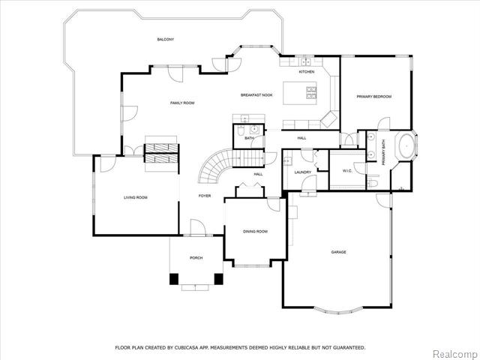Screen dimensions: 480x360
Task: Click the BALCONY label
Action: pyautogui.click(x=166, y=40)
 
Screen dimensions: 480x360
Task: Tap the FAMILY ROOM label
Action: pyautogui.click(x=182, y=103)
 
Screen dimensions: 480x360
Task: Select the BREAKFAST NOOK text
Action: pyautogui.click(x=256, y=95)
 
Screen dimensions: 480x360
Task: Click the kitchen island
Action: pyautogui.click(x=300, y=93)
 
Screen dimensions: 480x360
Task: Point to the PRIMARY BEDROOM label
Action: pyautogui.click(x=374, y=97)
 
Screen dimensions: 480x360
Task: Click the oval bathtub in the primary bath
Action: pyautogui.click(x=406, y=146)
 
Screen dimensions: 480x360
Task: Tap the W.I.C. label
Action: pyautogui.click(x=347, y=171)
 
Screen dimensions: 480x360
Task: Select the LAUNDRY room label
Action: pyautogui.click(x=303, y=172)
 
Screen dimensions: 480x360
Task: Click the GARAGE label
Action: pyautogui.click(x=338, y=252)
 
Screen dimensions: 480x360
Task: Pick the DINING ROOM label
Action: pyautogui.click(x=255, y=232)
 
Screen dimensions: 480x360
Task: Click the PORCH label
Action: pyautogui.click(x=196, y=258)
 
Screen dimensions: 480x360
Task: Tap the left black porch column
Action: pyautogui.click(x=174, y=279)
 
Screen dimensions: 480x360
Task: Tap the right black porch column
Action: pyautogui.click(x=218, y=279)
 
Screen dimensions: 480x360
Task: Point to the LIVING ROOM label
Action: pyautogui.click(x=136, y=197)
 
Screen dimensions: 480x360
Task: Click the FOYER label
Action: pyautogui.click(x=205, y=196)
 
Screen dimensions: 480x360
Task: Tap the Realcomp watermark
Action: pyautogui.click(x=455, y=354)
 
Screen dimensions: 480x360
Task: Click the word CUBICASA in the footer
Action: pyautogui.click(x=185, y=348)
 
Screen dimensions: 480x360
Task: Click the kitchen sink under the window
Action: pyautogui.click(x=305, y=62)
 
